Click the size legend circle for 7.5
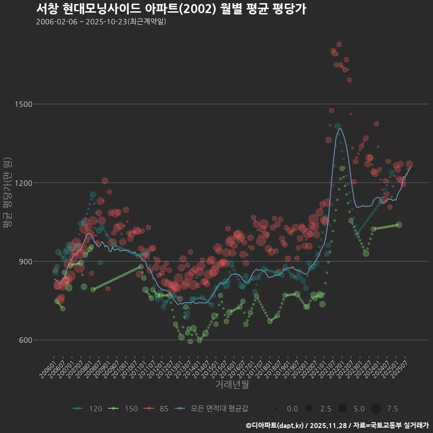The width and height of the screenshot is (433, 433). tap(376, 409)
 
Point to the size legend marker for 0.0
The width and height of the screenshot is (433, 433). tap(276, 409)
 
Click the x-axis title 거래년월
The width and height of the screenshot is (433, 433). tap(232, 385)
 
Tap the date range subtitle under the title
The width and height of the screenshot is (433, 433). tap(101, 22)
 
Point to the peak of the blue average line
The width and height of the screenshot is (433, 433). tap(340, 129)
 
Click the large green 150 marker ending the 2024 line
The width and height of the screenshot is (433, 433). tap(399, 225)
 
